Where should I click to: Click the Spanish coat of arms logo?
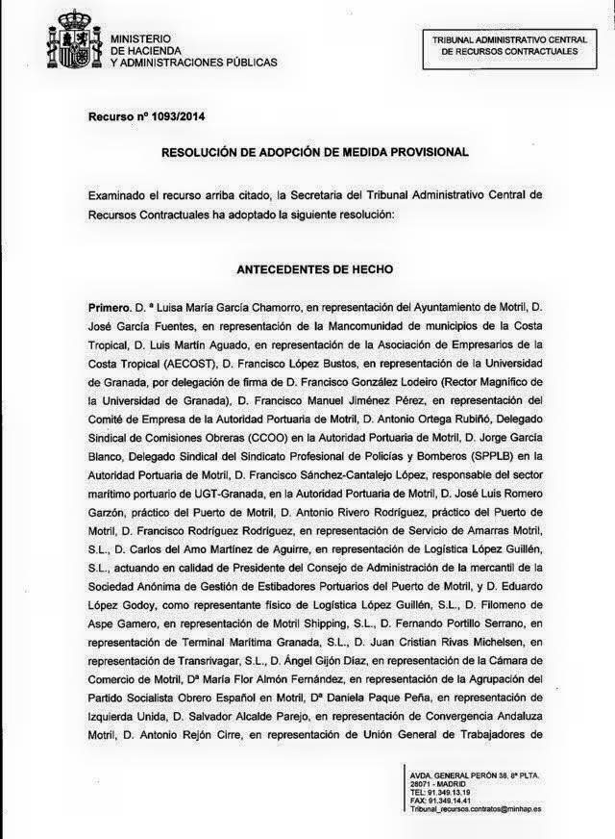click(x=73, y=41)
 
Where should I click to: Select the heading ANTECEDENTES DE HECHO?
click(x=314, y=269)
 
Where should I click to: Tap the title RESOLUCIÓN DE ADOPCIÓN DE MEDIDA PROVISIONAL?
click(x=314, y=152)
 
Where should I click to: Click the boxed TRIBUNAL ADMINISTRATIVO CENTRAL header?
click(x=509, y=46)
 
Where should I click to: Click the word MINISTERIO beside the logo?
click(x=141, y=37)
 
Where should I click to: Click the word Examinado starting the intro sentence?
click(x=119, y=194)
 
